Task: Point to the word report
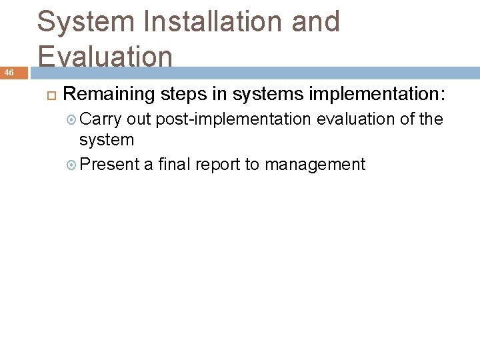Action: pyautogui.click(x=220, y=164)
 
